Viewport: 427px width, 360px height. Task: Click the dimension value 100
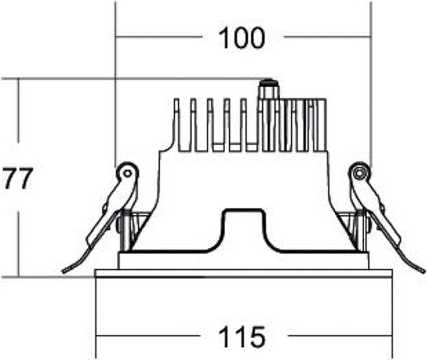tap(242, 38)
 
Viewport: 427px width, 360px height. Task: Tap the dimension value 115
tap(242, 336)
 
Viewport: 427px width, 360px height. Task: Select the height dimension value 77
tap(18, 178)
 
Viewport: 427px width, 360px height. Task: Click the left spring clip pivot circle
tap(127, 173)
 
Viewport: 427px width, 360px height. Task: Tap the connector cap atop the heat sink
tap(269, 89)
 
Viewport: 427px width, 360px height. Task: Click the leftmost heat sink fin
tap(177, 125)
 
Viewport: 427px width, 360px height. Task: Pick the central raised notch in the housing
tap(243, 229)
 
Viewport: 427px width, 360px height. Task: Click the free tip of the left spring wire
tap(64, 271)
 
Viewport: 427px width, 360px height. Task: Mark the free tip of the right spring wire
tap(423, 271)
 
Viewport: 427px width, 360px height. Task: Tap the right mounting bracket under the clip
tap(354, 230)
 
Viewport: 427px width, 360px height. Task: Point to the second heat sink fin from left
tap(193, 125)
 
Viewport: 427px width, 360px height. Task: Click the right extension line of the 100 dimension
tap(371, 85)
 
